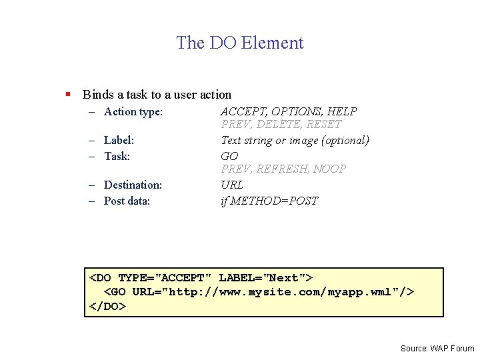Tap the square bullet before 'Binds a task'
pyautogui.click(x=68, y=95)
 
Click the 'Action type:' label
pyautogui.click(x=133, y=112)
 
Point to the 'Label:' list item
pyautogui.click(x=119, y=140)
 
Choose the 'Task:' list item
pyautogui.click(x=117, y=156)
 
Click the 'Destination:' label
pyautogui.click(x=133, y=185)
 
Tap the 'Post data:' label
pyautogui.click(x=127, y=201)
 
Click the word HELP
pyautogui.click(x=343, y=112)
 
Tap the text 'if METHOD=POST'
pyautogui.click(x=269, y=201)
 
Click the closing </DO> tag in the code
pyautogui.click(x=107, y=307)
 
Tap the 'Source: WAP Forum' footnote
pyautogui.click(x=437, y=348)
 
